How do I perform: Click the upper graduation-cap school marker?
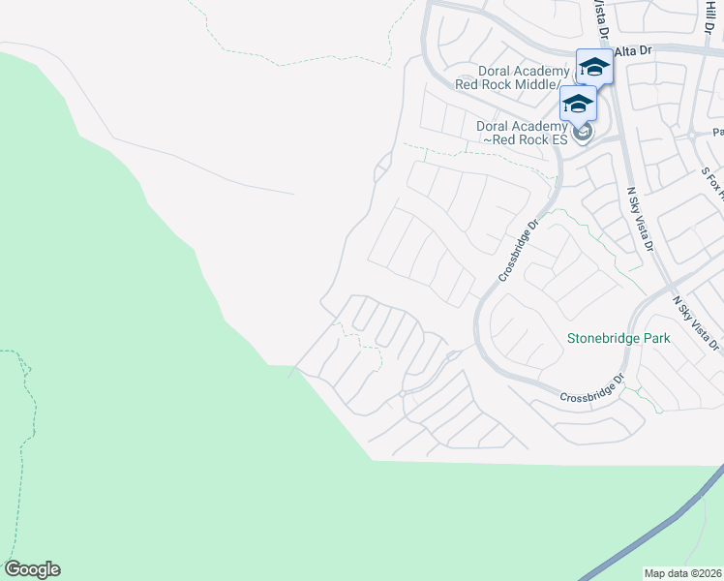[x=594, y=67]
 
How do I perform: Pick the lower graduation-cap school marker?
[x=578, y=104]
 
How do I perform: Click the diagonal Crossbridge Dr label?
[x=518, y=249]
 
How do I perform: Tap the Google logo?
[x=32, y=569]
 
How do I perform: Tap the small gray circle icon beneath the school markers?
[x=582, y=133]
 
